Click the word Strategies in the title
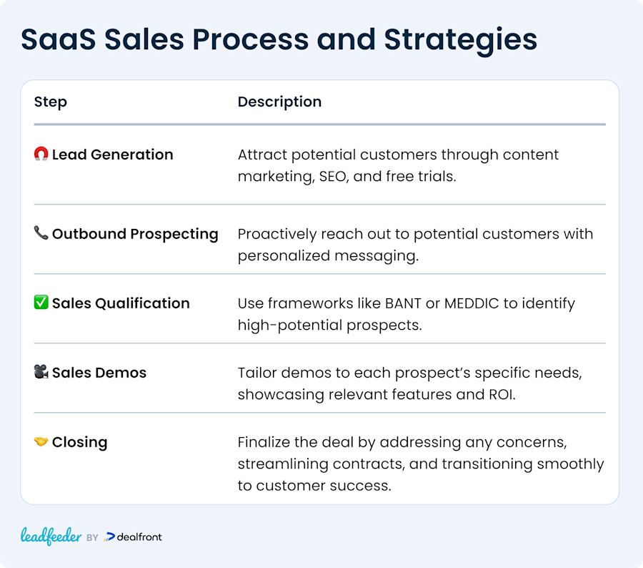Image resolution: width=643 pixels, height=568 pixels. (x=461, y=39)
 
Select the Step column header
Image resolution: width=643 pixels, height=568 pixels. (x=51, y=102)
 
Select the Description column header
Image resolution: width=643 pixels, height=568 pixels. (x=279, y=102)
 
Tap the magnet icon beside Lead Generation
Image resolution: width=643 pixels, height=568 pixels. (x=41, y=155)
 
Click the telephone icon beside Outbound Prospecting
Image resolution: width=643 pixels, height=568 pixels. (x=41, y=234)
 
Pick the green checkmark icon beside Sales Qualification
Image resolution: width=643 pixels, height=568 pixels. (x=41, y=303)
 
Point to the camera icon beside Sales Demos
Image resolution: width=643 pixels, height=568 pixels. (x=41, y=373)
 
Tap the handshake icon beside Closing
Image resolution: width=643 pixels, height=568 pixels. (x=41, y=442)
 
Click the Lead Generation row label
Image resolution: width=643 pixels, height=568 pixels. (x=112, y=155)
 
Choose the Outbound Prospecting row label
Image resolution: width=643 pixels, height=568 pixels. (x=135, y=234)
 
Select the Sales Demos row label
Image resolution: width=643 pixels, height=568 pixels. (x=99, y=373)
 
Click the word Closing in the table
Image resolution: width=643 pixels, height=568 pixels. (x=79, y=442)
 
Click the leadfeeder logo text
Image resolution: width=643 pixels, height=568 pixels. (x=51, y=537)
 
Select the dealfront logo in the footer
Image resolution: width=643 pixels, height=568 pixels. (x=134, y=537)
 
